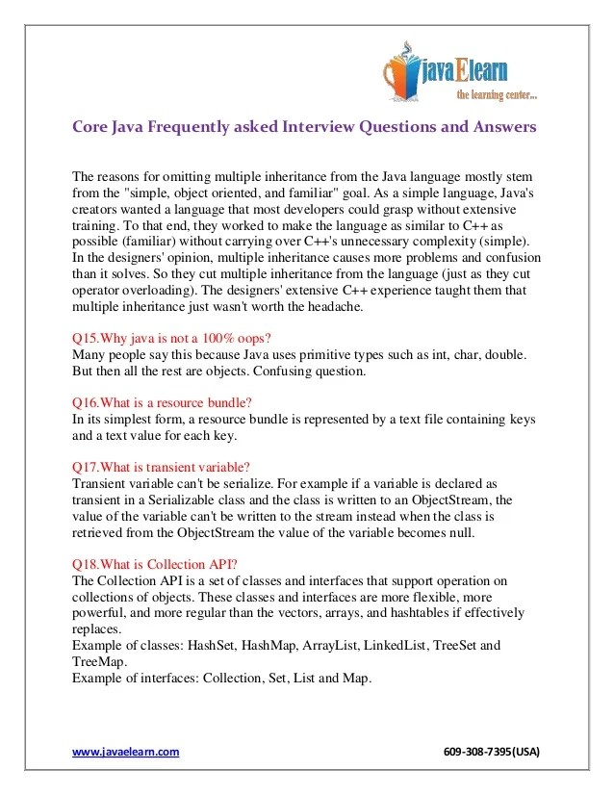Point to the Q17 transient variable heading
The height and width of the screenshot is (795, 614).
point(162,467)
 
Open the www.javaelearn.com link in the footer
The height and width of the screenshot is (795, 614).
point(126,753)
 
